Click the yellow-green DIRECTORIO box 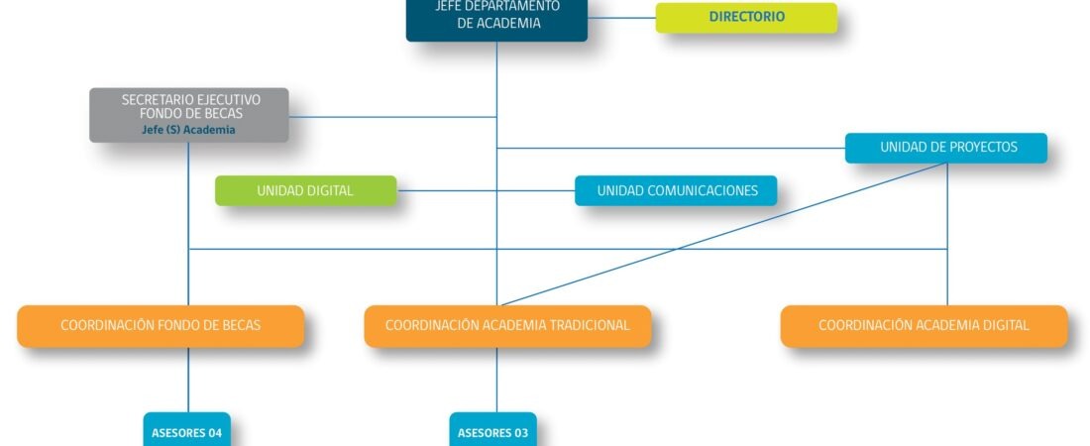click(x=746, y=18)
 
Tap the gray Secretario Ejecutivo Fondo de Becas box click(x=189, y=115)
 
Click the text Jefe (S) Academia click(x=189, y=130)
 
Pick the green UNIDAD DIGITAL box click(x=306, y=190)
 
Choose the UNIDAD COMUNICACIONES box click(x=676, y=190)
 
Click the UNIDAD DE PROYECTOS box click(x=946, y=149)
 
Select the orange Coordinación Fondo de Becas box click(x=161, y=326)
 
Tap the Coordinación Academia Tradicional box click(x=507, y=326)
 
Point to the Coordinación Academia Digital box click(x=924, y=326)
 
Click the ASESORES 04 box click(x=187, y=430)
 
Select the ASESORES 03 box click(x=492, y=430)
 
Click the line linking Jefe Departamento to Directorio click(x=621, y=18)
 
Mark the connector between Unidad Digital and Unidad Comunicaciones click(x=486, y=190)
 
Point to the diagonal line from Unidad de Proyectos click(x=723, y=235)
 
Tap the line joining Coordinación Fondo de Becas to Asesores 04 click(x=188, y=380)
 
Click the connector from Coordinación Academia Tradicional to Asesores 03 click(x=496, y=380)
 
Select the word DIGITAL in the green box click(x=330, y=190)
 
